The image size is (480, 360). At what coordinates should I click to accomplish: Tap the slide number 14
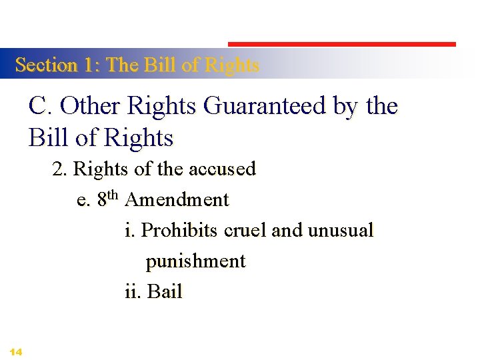pyautogui.click(x=17, y=351)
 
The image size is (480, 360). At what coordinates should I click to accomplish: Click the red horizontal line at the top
pyautogui.click(x=342, y=45)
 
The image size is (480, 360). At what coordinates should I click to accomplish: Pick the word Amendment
pyautogui.click(x=177, y=199)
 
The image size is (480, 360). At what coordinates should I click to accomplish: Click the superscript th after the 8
pyautogui.click(x=113, y=195)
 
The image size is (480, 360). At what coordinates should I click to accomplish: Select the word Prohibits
pyautogui.click(x=180, y=230)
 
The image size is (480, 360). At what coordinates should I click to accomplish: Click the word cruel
pyautogui.click(x=246, y=230)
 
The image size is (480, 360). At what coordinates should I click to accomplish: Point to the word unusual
pyautogui.click(x=341, y=230)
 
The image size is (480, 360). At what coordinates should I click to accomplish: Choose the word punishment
pyautogui.click(x=196, y=261)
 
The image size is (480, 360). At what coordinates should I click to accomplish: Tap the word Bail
pyautogui.click(x=165, y=291)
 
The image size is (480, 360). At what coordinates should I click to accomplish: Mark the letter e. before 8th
pyautogui.click(x=84, y=200)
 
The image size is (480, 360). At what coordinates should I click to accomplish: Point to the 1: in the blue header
pyautogui.click(x=92, y=65)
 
